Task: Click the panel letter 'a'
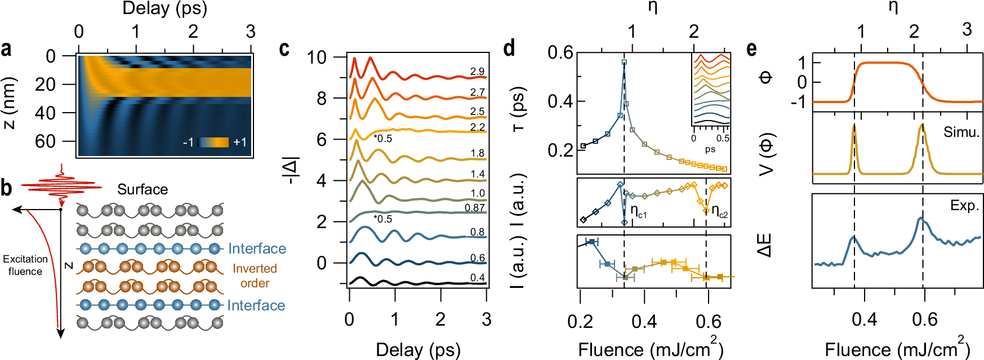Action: tap(6, 50)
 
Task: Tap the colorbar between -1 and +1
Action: tap(213, 142)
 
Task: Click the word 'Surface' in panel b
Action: tap(143, 189)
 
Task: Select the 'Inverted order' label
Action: tap(255, 276)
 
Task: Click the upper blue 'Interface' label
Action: tap(257, 248)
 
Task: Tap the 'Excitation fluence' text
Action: tap(25, 265)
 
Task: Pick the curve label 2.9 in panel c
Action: tap(477, 72)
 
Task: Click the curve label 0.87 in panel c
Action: tap(475, 208)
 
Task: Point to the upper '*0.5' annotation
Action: tap(382, 139)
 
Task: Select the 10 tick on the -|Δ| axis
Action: tap(317, 57)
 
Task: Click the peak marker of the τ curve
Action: tap(624, 63)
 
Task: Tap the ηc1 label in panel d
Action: tap(638, 212)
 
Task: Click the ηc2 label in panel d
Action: tap(719, 212)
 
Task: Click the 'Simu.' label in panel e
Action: tap(961, 132)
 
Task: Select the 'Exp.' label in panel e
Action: tap(964, 206)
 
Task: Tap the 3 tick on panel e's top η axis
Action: tap(967, 29)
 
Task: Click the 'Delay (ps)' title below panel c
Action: tap(418, 349)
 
